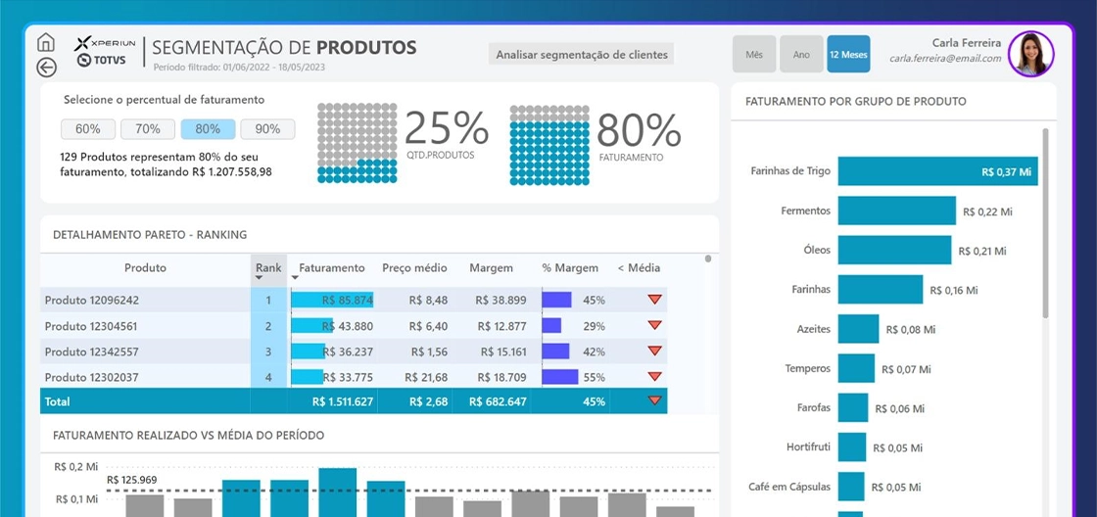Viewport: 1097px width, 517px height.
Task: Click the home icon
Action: (45, 42)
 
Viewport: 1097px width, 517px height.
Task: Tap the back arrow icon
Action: (46, 68)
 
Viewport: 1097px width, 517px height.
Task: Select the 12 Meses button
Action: (848, 54)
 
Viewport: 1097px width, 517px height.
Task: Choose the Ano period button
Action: (802, 54)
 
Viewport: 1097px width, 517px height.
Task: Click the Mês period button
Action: (754, 54)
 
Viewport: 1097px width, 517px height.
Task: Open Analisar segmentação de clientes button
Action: (582, 54)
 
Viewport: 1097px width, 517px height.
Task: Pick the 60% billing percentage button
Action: (88, 128)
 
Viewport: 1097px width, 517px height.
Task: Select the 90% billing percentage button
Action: (268, 128)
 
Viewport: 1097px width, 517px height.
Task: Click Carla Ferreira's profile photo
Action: (1031, 54)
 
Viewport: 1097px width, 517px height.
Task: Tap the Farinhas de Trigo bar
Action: (937, 170)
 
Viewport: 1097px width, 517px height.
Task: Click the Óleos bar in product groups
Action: (895, 250)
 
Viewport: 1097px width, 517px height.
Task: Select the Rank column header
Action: (268, 268)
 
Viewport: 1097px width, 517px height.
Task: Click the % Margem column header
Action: (570, 268)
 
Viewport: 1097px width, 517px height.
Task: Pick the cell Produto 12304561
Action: (92, 326)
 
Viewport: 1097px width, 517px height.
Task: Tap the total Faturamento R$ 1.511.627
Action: (343, 402)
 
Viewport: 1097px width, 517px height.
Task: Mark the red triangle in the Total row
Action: (655, 400)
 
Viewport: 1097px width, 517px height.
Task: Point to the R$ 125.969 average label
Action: (131, 480)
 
